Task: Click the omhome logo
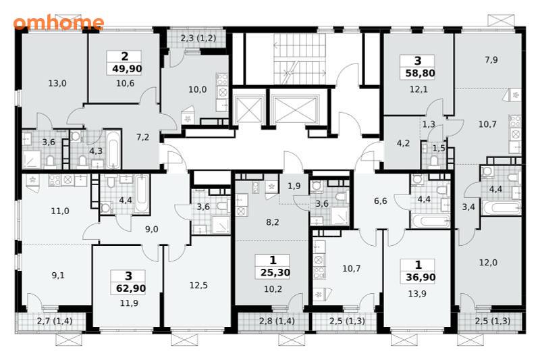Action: click(59, 22)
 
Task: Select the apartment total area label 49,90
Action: click(127, 69)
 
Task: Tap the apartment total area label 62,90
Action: click(130, 288)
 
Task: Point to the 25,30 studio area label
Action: click(275, 273)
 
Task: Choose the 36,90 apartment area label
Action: click(421, 278)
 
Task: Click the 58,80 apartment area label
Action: click(420, 74)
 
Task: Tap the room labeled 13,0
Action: click(57, 83)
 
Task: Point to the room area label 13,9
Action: click(417, 294)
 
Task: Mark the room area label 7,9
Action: click(491, 60)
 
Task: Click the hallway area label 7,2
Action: click(142, 138)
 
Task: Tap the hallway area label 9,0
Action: click(151, 229)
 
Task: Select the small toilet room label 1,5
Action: click(439, 149)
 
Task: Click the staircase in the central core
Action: click(300, 59)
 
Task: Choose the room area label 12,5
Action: click(198, 286)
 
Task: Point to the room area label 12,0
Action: click(488, 263)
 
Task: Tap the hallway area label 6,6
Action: click(381, 201)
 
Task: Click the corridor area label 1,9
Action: click(294, 186)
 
